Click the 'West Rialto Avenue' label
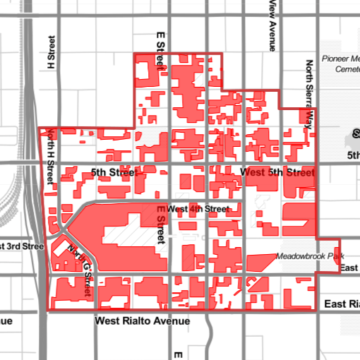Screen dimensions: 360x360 click(143, 321)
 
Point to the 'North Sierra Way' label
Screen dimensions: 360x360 click(308, 92)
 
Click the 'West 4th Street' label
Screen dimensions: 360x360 click(198, 210)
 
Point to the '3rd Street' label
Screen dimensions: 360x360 click(22, 246)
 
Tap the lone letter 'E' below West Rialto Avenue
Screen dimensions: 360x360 click(179, 354)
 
